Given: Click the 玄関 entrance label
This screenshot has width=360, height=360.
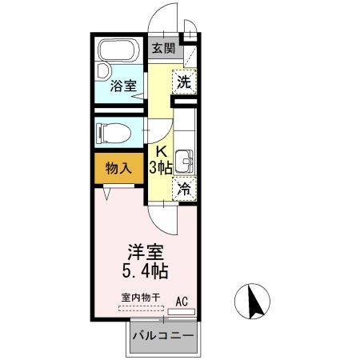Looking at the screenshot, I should coord(163,49).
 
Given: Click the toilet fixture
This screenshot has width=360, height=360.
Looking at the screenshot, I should coord(117,130).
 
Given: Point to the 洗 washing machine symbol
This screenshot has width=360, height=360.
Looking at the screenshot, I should coord(184,82).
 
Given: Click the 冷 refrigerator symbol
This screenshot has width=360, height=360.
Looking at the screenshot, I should coord(184,189).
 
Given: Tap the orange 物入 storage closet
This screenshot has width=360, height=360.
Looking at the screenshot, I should coord(118,169).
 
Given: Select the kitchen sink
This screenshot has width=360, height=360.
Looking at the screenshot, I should coord(186,160).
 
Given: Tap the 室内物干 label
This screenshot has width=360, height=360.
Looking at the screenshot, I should coord(140,298).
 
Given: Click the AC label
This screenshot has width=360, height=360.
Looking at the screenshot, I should coord(182,301).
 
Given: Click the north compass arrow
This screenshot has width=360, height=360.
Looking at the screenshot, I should coord(257,302).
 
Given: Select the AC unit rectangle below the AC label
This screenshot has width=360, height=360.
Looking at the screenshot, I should coord(182,312).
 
